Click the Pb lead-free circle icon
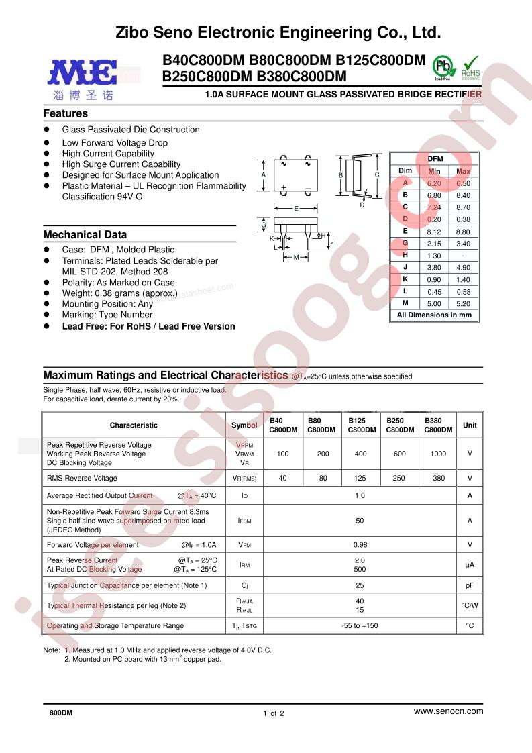(441, 68)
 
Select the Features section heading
(66, 114)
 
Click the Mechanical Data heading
(85, 235)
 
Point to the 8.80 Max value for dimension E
(463, 231)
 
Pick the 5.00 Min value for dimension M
(434, 303)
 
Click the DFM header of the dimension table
(434, 158)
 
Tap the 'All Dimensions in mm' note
(434, 315)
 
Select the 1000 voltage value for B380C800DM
(438, 454)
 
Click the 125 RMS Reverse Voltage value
(360, 478)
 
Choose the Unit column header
(470, 425)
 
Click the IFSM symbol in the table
(244, 521)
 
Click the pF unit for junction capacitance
(470, 585)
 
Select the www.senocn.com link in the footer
(448, 711)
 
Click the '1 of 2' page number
(274, 713)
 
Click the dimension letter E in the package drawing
(296, 209)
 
